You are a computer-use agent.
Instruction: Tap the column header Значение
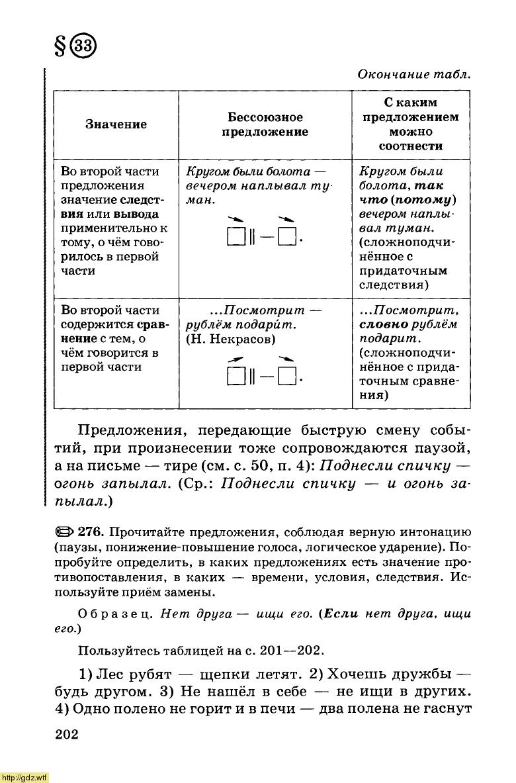tap(116, 124)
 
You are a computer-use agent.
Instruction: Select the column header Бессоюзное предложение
tap(264, 124)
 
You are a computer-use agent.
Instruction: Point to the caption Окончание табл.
tap(414, 74)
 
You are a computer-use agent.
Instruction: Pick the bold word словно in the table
tap(384, 325)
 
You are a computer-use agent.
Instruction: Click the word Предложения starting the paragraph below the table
tap(135, 431)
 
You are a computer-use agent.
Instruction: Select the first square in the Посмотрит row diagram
tap(236, 378)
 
